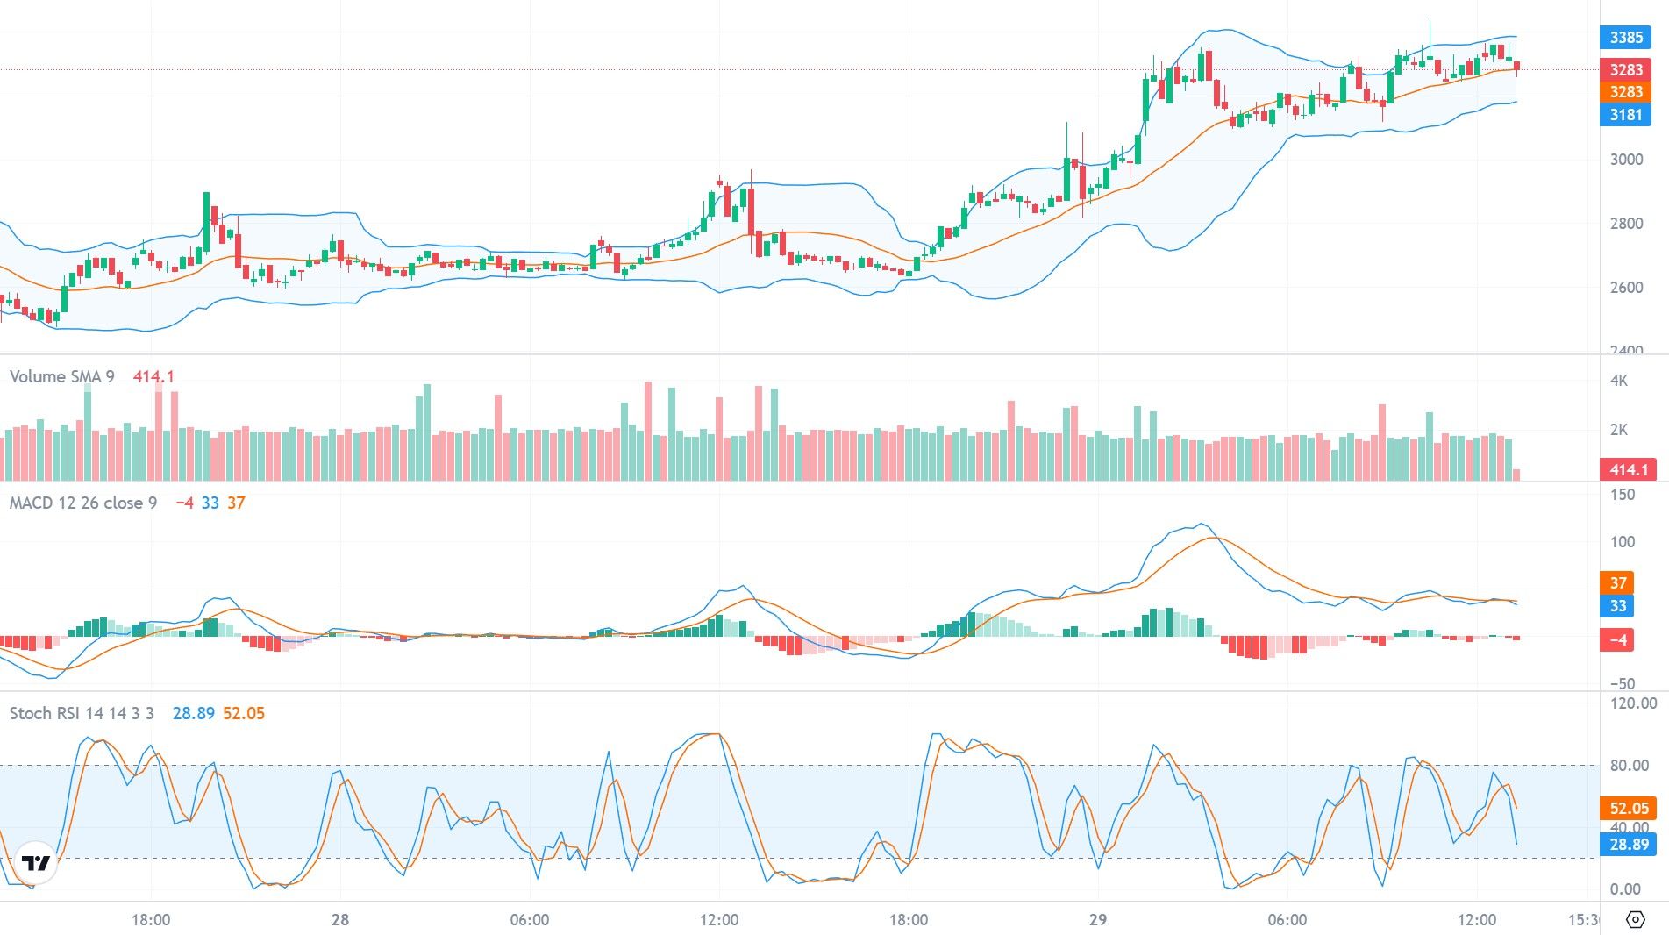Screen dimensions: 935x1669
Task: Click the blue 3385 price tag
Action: click(1625, 38)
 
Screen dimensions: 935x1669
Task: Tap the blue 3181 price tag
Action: click(1625, 115)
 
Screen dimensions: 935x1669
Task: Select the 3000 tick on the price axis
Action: click(1626, 160)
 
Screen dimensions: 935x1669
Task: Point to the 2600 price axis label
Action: click(1626, 288)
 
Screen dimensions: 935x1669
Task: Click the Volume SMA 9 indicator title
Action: click(61, 377)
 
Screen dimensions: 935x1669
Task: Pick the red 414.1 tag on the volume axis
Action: click(1628, 470)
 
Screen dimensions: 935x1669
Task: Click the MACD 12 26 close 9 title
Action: click(82, 503)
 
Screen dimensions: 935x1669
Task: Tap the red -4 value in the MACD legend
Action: click(184, 503)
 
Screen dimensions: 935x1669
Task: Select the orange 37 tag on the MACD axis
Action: click(1618, 582)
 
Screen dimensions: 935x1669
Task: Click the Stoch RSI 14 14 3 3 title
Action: click(82, 714)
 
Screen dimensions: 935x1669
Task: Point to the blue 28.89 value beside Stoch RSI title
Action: click(193, 714)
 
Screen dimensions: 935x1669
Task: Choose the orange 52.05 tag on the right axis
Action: click(1629, 809)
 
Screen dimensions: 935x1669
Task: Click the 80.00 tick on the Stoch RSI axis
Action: click(1629, 766)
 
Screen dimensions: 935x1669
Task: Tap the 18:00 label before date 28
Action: click(151, 920)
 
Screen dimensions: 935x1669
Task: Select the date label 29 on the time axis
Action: click(1097, 920)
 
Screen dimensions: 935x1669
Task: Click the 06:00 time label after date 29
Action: click(1287, 920)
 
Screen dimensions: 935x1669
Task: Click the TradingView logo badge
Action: click(36, 864)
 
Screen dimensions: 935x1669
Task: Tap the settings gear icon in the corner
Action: click(1635, 919)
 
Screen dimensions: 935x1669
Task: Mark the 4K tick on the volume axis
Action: click(1618, 381)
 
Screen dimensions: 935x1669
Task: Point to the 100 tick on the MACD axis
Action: click(1623, 542)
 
